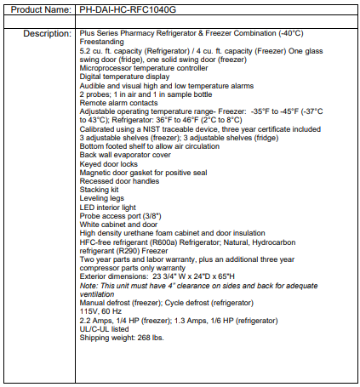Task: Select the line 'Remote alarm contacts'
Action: point(115,103)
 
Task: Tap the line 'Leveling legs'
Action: point(101,198)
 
